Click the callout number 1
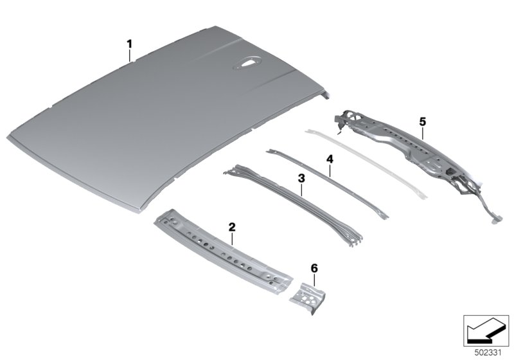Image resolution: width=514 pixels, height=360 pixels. pos(130,44)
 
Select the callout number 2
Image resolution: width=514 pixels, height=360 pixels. pos(232,226)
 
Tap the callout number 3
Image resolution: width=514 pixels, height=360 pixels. pos(301,179)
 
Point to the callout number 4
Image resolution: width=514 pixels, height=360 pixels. pos(330,159)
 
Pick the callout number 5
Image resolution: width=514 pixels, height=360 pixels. pos(423,122)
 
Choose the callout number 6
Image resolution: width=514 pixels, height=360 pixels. pos(314,269)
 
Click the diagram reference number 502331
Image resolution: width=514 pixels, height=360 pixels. pos(488,353)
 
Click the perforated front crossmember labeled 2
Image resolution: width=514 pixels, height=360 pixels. pos(223,250)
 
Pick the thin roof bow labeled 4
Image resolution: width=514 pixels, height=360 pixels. pos(327,184)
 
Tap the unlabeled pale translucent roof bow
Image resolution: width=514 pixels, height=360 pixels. pos(366,163)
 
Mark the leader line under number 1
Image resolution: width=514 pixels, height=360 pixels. pos(130,55)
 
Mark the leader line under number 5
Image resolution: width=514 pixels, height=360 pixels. pos(423,133)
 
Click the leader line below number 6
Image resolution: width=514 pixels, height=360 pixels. pos(314,280)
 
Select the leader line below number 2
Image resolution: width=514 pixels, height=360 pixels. pos(232,239)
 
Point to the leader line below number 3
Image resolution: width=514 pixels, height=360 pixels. pos(301,190)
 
